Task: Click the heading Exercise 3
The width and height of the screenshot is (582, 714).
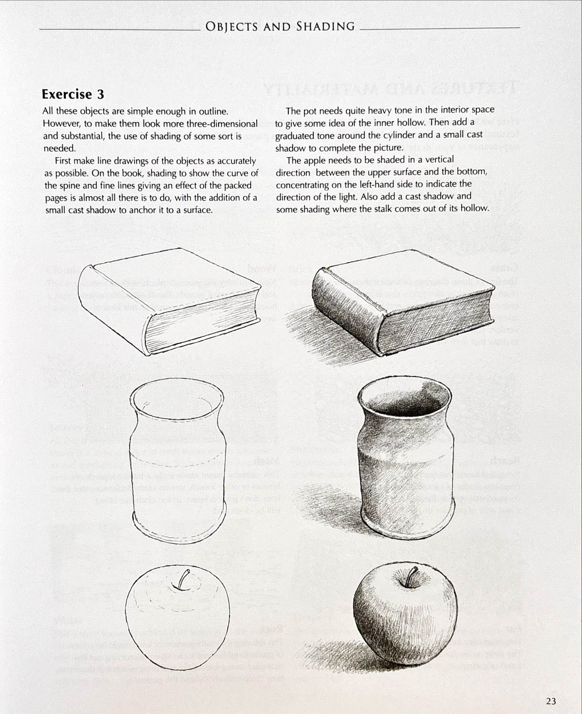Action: pyautogui.click(x=73, y=94)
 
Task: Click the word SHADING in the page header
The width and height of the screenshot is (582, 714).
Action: pyautogui.click(x=325, y=27)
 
